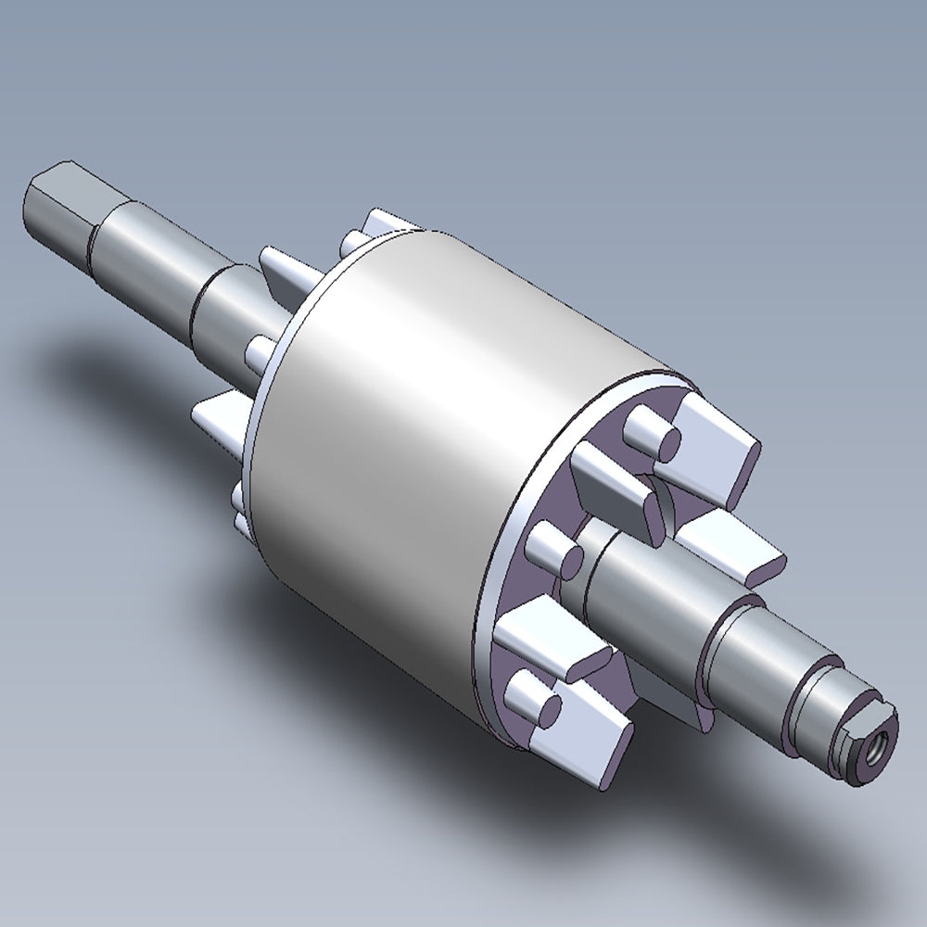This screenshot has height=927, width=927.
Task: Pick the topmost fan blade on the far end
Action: point(389,222)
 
